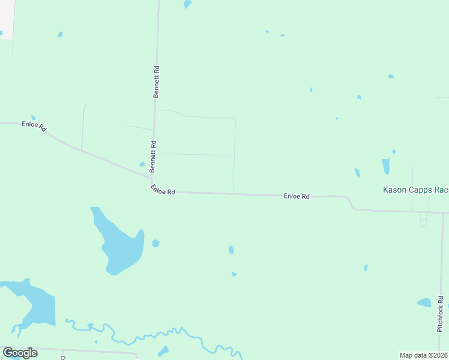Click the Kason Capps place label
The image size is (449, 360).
pyautogui.click(x=415, y=190)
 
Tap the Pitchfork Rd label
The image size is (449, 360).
pyautogui.click(x=440, y=314)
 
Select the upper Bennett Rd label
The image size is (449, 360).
pyautogui.click(x=156, y=82)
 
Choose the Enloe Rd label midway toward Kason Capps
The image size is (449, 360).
pyautogui.click(x=297, y=196)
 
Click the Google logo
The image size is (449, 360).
pyautogui.click(x=20, y=353)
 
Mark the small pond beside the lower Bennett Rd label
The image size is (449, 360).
pyautogui.click(x=142, y=164)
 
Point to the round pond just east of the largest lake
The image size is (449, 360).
pyautogui.click(x=156, y=243)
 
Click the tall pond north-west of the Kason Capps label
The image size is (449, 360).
pyautogui.click(x=386, y=166)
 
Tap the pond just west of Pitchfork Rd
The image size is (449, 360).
pyautogui.click(x=424, y=302)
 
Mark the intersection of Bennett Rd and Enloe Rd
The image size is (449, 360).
pyautogui.click(x=151, y=178)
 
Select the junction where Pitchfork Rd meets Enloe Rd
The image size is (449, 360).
pyautogui.click(x=442, y=212)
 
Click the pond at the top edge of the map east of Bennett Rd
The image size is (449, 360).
pyautogui.click(x=187, y=4)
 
